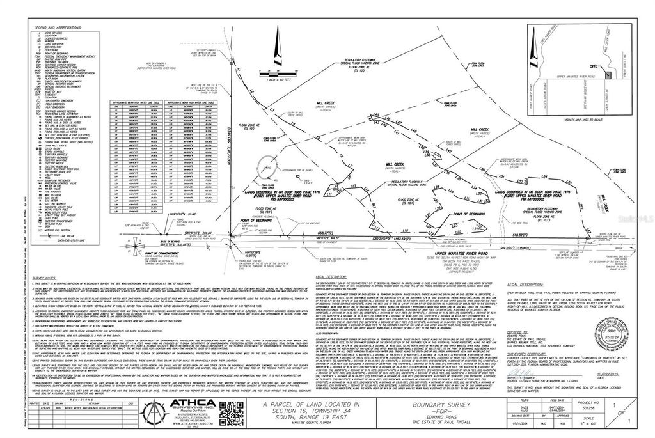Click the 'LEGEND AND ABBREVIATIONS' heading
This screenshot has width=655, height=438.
59,27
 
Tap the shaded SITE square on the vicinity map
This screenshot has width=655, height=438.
606,75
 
